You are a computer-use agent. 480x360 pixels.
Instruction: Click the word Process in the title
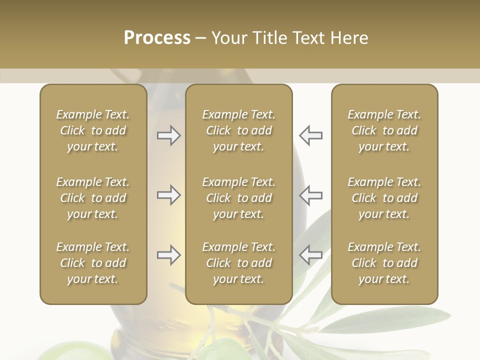pos(157,38)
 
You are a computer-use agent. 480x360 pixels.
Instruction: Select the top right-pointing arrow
pos(168,135)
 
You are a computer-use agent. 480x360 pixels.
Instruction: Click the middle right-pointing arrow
pos(168,195)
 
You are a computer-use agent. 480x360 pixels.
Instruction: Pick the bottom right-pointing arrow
pos(168,255)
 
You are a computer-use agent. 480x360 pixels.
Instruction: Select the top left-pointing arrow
pos(310,135)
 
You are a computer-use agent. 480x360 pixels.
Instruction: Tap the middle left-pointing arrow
pos(310,195)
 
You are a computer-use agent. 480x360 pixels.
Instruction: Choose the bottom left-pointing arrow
pos(310,255)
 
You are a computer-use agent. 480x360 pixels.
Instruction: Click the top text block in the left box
pos(93,130)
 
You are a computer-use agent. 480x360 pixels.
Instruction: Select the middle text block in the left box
pos(93,198)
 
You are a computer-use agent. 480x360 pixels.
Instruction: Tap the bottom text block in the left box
pos(93,263)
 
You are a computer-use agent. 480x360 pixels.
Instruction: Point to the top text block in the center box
pos(239,130)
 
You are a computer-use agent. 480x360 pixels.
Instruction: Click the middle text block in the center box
pos(239,198)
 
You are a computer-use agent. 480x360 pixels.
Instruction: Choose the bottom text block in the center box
pos(239,263)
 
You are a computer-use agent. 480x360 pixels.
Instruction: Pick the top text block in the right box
pos(384,130)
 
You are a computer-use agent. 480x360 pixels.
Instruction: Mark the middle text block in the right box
pos(384,198)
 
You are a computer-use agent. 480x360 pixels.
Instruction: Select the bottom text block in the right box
pos(384,263)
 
